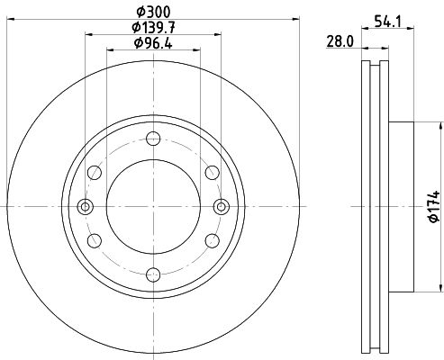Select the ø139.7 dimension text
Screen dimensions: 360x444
153,29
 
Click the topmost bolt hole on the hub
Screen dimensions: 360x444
153,139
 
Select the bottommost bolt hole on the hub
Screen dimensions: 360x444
153,274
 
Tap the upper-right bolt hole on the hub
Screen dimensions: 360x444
211,172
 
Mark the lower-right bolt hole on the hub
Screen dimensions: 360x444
211,240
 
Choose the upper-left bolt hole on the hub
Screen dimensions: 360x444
95,172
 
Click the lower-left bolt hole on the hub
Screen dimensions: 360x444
95,240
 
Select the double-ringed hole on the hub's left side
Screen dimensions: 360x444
86,206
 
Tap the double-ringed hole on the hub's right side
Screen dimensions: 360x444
220,206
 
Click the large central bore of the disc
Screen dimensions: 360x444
153,206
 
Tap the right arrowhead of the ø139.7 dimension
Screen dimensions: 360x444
218,36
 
